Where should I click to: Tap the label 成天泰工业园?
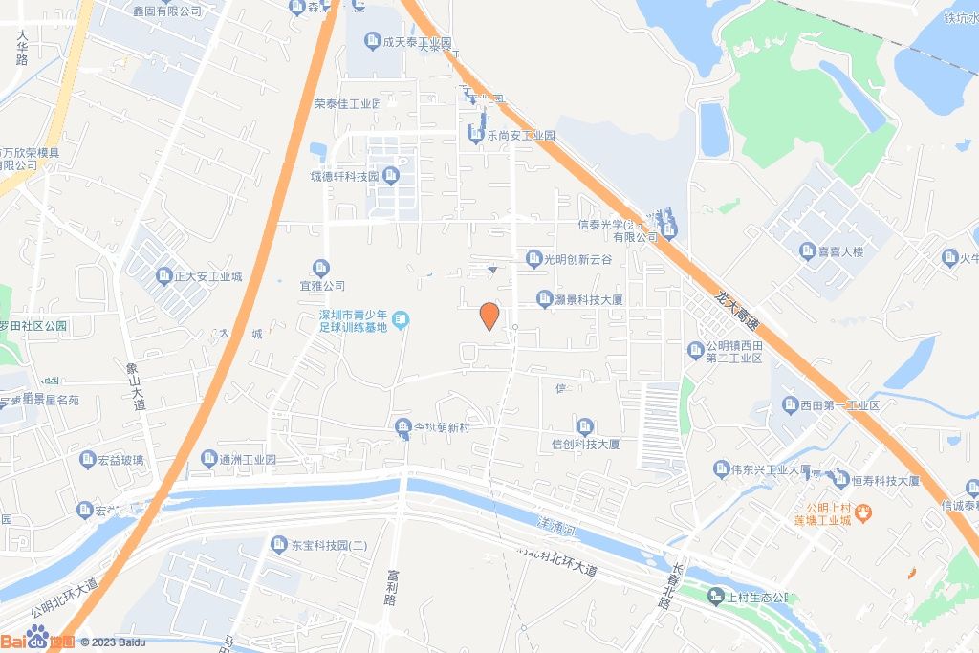tap(417, 42)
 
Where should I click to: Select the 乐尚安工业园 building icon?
tap(475, 136)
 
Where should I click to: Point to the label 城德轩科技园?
tap(344, 176)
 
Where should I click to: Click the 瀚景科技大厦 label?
tap(589, 299)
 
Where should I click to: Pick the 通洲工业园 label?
tap(247, 460)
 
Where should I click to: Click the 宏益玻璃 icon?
tap(87, 460)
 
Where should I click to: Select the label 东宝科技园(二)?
tap(329, 545)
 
